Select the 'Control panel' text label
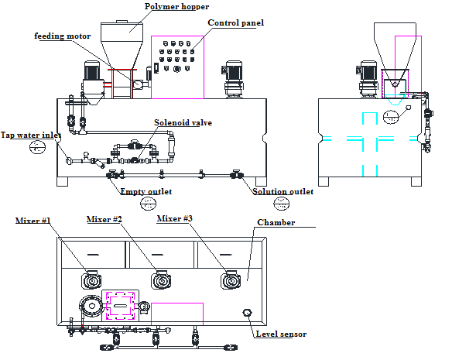pos(236,22)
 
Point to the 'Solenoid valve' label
pos(183,122)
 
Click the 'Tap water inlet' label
pos(30,135)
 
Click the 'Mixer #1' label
pos(33,221)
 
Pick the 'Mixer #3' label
pos(176,219)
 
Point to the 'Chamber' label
pos(276,222)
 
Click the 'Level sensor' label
pos(280,334)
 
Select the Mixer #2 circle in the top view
pos(160,280)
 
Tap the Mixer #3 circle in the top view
pos(230,280)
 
